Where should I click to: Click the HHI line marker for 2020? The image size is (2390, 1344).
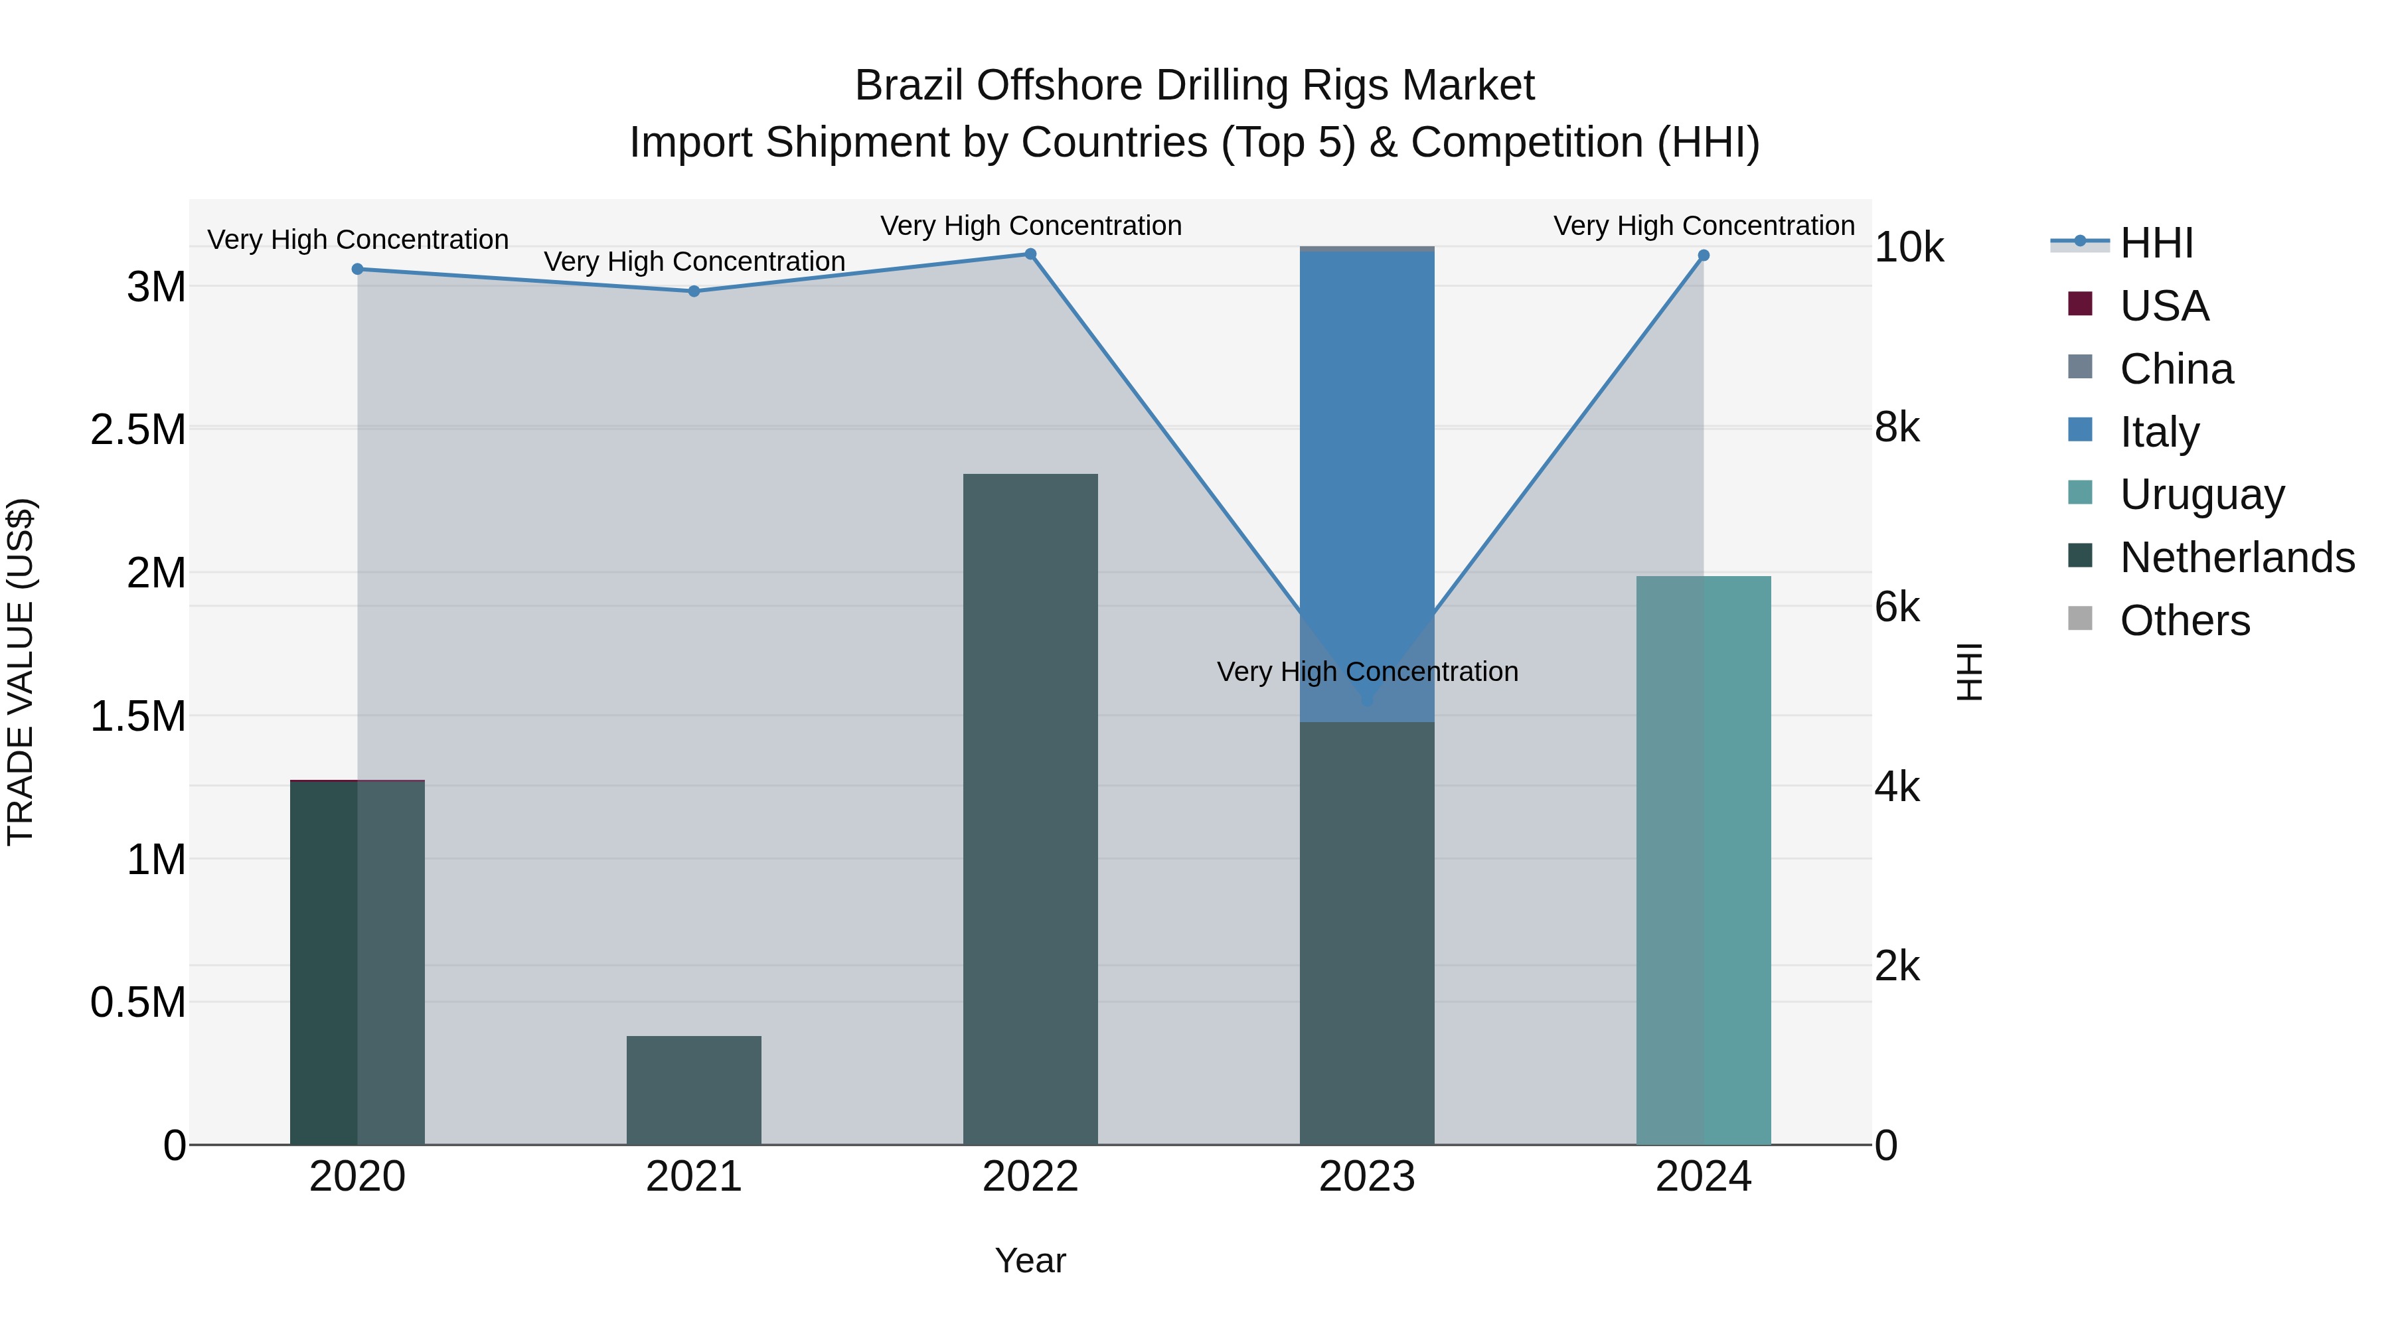[357, 269]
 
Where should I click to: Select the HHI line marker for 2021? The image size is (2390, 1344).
[694, 291]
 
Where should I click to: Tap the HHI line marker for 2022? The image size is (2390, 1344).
[1030, 254]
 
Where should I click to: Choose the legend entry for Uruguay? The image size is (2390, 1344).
[2201, 494]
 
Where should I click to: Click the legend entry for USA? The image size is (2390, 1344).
[2164, 306]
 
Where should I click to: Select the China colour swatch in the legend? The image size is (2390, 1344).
[2080, 367]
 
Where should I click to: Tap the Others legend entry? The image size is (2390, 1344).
[2184, 621]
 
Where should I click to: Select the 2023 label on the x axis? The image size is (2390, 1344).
[1367, 1177]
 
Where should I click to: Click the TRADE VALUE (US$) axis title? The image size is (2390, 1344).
[21, 672]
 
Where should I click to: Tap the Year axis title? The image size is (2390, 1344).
[1030, 1260]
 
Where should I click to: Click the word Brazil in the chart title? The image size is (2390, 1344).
[908, 86]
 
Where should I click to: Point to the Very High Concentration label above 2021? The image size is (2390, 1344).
[694, 261]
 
